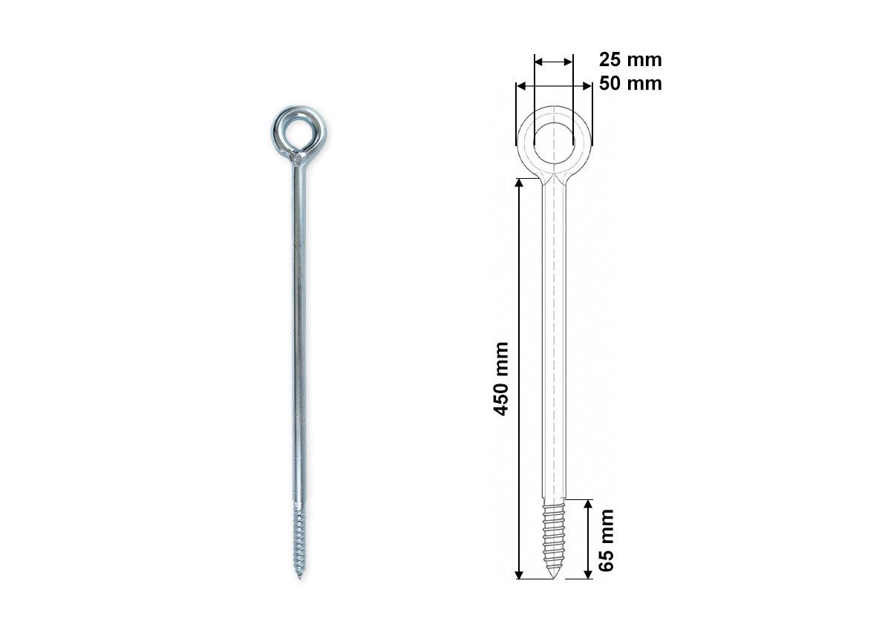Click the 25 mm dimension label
tap(630, 59)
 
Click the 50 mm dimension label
tap(630, 84)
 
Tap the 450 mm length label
tap(500, 379)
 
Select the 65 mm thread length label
tap(606, 540)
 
